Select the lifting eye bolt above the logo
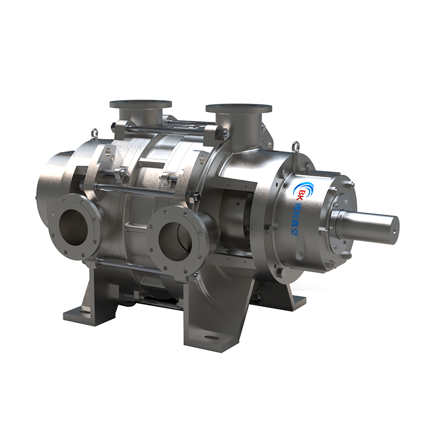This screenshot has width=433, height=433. [x=296, y=146]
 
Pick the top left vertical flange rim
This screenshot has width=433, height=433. [x=140, y=103]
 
